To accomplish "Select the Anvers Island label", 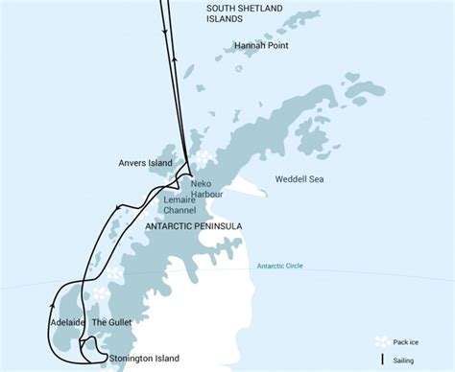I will coord(146,163).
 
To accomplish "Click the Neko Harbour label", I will coord(207,188).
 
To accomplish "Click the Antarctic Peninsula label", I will coord(193,226).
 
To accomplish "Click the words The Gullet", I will coord(112,324).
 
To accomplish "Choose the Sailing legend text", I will coord(416,360).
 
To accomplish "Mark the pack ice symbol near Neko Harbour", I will coord(204,157).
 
